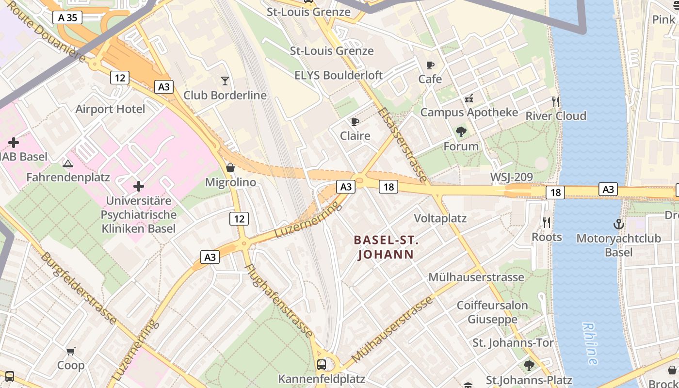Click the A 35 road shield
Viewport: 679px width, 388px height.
coord(67,17)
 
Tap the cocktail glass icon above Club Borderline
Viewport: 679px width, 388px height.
coord(225,81)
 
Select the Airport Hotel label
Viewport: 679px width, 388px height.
coord(110,109)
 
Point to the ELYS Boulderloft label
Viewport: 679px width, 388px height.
coord(339,75)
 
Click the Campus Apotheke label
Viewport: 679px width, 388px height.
coord(469,113)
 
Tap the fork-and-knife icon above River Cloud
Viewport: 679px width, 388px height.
coord(556,101)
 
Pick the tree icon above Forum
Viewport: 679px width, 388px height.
coord(461,131)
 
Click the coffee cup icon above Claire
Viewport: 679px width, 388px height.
coord(355,121)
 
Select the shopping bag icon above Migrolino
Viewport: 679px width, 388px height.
coord(230,168)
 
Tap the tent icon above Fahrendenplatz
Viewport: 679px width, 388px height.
coord(68,163)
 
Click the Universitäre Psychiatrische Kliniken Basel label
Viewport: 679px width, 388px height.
coord(139,214)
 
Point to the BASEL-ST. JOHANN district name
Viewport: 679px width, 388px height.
coord(386,247)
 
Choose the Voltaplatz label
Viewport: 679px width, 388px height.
coord(440,218)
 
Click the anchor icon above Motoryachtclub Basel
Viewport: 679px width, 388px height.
coord(618,224)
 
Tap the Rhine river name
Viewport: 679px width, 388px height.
coord(590,343)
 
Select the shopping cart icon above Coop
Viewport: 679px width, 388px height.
coord(71,351)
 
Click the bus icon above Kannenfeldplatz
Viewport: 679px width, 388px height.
coord(321,364)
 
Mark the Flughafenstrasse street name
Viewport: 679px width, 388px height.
coord(279,300)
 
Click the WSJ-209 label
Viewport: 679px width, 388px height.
coord(512,177)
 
